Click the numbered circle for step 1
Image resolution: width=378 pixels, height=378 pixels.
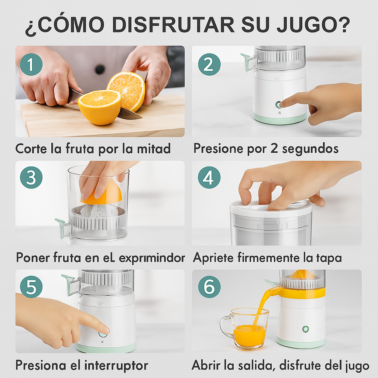tap(31, 64)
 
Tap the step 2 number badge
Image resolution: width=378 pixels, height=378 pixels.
tap(209, 64)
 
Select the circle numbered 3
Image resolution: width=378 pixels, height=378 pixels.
tap(31, 178)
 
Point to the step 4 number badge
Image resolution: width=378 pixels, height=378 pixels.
tap(209, 178)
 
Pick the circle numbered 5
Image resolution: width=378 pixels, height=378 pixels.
tap(31, 287)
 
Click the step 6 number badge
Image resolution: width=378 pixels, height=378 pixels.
tap(209, 287)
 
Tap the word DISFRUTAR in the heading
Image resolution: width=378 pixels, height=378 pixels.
tap(173, 24)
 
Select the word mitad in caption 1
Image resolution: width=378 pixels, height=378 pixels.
tap(154, 148)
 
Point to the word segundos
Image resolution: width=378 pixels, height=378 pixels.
tap(310, 149)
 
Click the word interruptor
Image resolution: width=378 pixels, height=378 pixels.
tap(116, 365)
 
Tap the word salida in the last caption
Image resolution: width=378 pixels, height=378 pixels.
tap(257, 365)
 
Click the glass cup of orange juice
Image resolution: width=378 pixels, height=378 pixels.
tap(244, 329)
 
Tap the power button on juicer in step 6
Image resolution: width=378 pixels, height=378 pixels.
tap(305, 329)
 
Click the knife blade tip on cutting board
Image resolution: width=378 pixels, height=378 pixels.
tap(141, 118)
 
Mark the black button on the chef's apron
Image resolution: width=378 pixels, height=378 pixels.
tap(100, 69)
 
